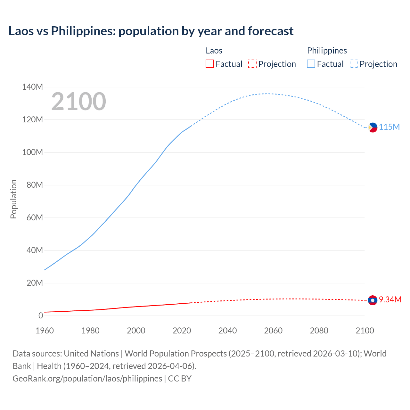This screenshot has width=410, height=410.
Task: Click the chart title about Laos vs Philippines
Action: [151, 31]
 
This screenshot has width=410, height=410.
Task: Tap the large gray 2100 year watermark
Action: [78, 102]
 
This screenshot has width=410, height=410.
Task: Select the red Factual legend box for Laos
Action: [209, 64]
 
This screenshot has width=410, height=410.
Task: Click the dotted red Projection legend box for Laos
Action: [252, 64]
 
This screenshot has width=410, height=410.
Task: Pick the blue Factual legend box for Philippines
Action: [311, 64]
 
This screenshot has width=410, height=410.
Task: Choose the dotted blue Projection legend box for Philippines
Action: [354, 64]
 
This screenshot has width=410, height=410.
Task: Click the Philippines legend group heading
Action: [327, 51]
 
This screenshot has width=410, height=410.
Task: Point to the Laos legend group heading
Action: [214, 51]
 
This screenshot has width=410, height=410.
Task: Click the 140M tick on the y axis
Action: [32, 87]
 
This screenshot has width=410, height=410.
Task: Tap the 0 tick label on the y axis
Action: [40, 316]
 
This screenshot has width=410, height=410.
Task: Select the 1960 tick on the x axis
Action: [45, 330]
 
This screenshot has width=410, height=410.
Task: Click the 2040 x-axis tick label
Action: [227, 330]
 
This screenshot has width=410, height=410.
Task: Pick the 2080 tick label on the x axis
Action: [319, 330]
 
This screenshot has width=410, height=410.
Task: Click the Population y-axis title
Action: [13, 199]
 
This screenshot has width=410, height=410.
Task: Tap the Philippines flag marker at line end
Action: [373, 127]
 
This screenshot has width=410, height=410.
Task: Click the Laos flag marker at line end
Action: [373, 300]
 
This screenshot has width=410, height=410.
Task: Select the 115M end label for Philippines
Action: [389, 127]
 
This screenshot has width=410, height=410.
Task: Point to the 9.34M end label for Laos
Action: [390, 299]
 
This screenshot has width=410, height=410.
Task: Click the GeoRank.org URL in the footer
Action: [87, 378]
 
